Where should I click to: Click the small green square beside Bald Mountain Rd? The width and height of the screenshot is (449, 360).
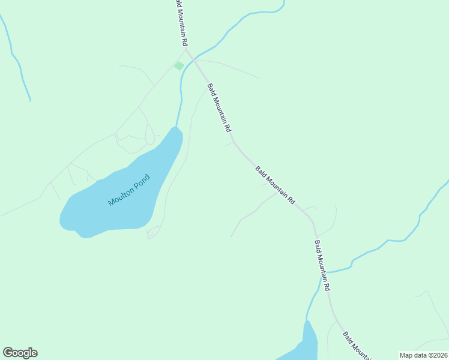[179, 65]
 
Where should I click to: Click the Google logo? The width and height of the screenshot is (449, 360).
[20, 353]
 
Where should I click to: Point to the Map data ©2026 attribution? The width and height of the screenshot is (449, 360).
[423, 355]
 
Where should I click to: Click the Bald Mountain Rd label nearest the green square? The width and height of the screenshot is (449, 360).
[219, 108]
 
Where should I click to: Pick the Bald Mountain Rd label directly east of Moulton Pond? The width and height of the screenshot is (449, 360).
[276, 185]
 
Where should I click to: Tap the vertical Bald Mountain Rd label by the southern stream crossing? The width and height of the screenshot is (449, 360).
[322, 265]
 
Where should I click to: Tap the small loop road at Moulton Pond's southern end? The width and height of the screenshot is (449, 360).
[154, 232]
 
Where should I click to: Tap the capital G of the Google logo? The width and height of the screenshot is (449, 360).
[8, 353]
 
